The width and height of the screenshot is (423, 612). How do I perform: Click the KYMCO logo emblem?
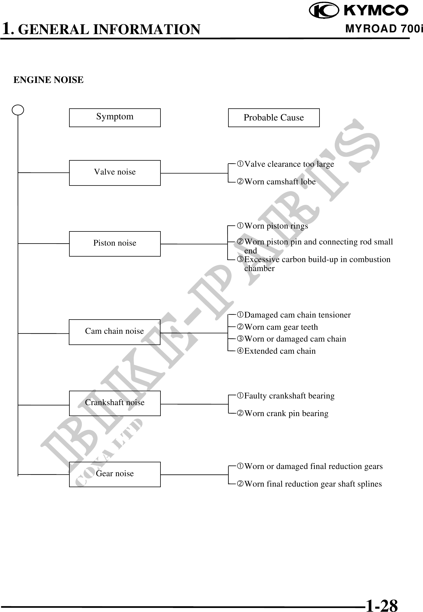(324, 11)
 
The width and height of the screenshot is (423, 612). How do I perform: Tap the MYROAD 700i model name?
(384, 29)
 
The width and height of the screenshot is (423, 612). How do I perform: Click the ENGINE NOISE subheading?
(49, 80)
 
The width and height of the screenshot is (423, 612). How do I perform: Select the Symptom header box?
(115, 118)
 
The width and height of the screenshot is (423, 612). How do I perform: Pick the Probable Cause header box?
(274, 118)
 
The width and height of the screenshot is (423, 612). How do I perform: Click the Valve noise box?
(115, 173)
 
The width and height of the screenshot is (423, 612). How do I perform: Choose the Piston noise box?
(115, 244)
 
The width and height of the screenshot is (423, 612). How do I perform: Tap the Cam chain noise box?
(114, 332)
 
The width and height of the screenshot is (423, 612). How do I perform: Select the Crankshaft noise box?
(115, 403)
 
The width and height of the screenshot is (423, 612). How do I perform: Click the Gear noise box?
(115, 474)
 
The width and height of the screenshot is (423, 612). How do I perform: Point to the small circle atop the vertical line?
(18, 110)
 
